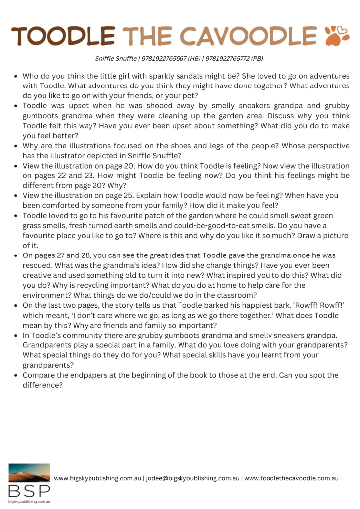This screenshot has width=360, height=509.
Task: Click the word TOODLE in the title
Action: click(64, 36)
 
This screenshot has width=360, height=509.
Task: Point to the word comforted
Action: click(60, 205)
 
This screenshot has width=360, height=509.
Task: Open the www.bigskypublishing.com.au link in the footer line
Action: click(97, 478)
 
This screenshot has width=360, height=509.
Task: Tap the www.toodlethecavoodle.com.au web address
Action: click(292, 478)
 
